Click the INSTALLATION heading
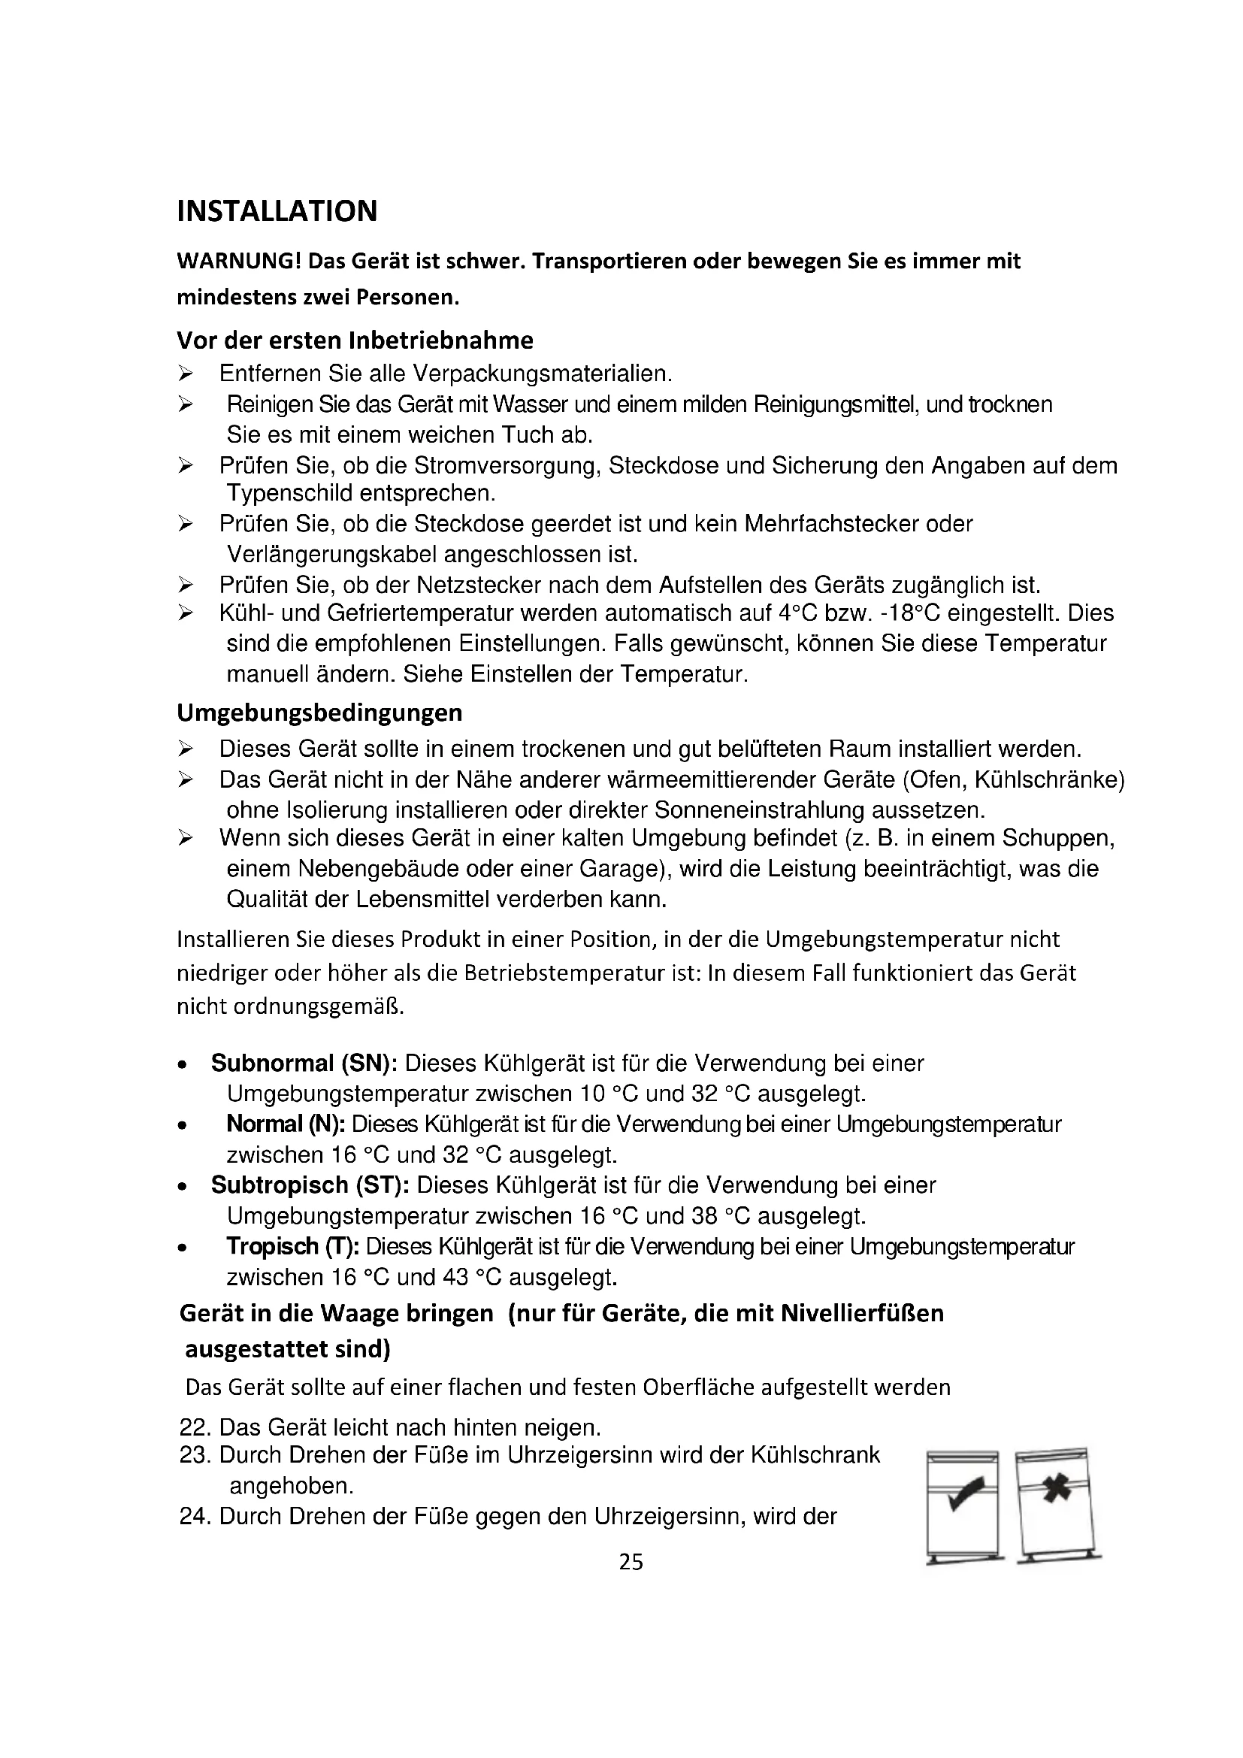(277, 211)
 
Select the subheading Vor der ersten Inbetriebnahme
(355, 339)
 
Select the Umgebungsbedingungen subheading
(319, 713)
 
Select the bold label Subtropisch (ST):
(310, 1185)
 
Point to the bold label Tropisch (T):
(292, 1246)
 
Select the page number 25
(631, 1562)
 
